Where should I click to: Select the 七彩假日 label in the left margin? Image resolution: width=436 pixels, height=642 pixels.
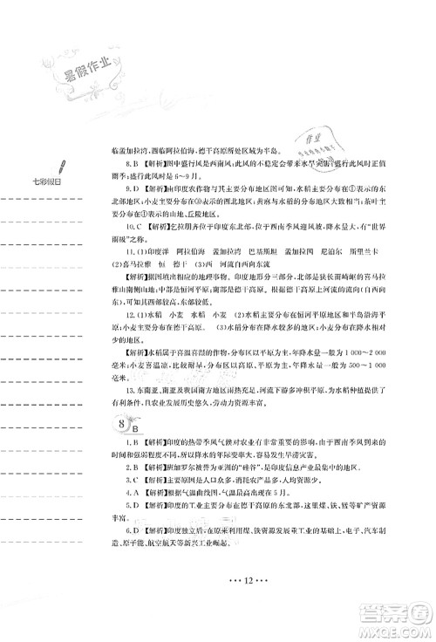(x=35, y=181)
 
